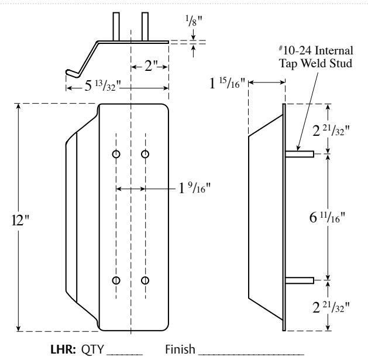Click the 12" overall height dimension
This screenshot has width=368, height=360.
[x=20, y=220]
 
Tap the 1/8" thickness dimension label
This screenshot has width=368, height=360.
[x=194, y=21]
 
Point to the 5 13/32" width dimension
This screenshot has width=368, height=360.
[x=102, y=85]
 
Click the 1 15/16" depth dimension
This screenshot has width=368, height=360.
[x=227, y=83]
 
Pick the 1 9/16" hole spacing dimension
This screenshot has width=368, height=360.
[x=194, y=188]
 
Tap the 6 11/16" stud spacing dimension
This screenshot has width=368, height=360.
[x=327, y=217]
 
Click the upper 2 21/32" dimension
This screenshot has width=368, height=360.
[x=331, y=131]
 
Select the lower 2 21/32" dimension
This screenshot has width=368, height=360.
[x=331, y=307]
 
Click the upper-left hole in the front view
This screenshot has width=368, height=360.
[x=116, y=155]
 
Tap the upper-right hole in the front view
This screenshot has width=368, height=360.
[x=145, y=155]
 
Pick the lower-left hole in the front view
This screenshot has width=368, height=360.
[x=116, y=280]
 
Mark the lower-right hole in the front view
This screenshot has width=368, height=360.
[x=145, y=280]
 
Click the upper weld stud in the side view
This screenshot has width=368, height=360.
[x=300, y=154]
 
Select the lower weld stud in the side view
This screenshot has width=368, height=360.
[x=300, y=280]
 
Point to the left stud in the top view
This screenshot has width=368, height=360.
[x=116, y=26]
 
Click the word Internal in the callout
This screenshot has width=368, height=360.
[x=333, y=50]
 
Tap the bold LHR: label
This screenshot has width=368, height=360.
[x=63, y=349]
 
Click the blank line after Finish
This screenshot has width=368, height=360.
[x=251, y=354]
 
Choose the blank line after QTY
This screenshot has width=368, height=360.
[x=125, y=354]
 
